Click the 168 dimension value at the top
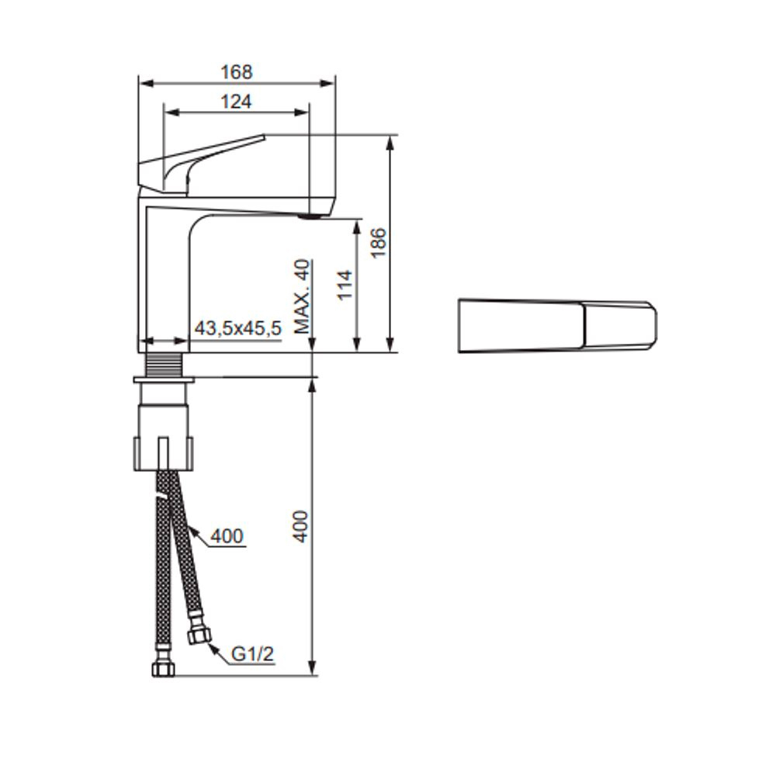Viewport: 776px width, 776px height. click(x=237, y=72)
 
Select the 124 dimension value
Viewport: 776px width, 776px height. click(x=236, y=102)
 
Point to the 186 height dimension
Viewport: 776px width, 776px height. click(x=379, y=242)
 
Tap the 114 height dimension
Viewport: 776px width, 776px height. click(x=345, y=285)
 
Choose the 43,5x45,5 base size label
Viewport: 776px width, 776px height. click(x=238, y=328)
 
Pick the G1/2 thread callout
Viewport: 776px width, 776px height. click(x=252, y=653)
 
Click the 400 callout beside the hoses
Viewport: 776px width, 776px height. click(x=227, y=536)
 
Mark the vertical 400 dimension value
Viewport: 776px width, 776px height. click(x=300, y=527)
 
